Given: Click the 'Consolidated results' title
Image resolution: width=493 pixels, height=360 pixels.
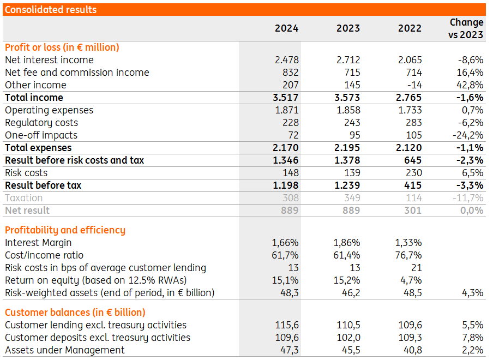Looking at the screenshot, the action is pyautogui.click(x=51, y=10).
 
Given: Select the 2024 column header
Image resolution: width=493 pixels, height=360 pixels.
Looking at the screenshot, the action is pyautogui.click(x=286, y=28).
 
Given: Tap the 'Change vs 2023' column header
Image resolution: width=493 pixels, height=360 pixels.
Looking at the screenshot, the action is pyautogui.click(x=466, y=28).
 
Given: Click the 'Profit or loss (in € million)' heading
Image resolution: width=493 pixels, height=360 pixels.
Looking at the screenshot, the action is pyautogui.click(x=62, y=47).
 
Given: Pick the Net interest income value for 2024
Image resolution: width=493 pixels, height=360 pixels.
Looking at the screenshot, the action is pyautogui.click(x=286, y=60).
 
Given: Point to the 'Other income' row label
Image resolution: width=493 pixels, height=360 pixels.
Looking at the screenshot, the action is pyautogui.click(x=35, y=85).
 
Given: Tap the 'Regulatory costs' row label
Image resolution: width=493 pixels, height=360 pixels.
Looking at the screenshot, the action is pyautogui.click(x=41, y=123).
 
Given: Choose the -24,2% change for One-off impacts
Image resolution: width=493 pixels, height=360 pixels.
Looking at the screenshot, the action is pyautogui.click(x=468, y=135).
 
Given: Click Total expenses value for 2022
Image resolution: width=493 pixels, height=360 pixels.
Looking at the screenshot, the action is pyautogui.click(x=408, y=148).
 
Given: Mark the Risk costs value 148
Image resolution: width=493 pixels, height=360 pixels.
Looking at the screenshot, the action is pyautogui.click(x=291, y=173).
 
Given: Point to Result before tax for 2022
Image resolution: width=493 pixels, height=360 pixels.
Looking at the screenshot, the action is pyautogui.click(x=413, y=185).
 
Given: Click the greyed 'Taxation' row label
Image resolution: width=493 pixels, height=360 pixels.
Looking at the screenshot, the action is pyautogui.click(x=23, y=198).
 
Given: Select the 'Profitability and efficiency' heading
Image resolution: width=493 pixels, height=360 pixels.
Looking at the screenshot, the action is pyautogui.click(x=65, y=230).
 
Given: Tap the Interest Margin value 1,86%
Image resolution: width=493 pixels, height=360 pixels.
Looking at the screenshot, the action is pyautogui.click(x=347, y=243).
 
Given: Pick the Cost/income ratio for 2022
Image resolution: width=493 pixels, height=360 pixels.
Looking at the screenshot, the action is pyautogui.click(x=408, y=255).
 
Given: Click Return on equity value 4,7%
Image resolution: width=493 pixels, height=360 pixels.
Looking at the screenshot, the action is pyautogui.click(x=411, y=280).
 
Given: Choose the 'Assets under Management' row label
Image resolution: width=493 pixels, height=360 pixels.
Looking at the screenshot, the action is pyautogui.click(x=65, y=350).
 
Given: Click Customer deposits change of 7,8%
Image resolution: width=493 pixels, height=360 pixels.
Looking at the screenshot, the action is pyautogui.click(x=473, y=337).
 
